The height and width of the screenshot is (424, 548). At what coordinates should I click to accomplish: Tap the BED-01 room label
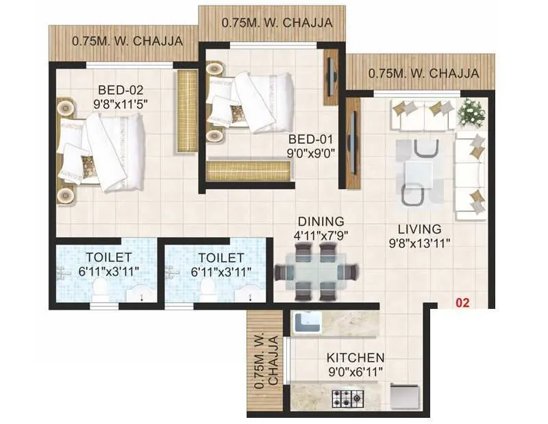(x=311, y=140)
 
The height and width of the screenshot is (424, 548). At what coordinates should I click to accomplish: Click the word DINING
(x=320, y=221)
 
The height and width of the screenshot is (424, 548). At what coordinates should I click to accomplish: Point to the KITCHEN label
(x=355, y=358)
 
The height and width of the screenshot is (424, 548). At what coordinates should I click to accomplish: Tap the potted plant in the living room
(x=471, y=112)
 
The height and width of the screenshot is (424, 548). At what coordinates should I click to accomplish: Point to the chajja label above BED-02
(x=127, y=41)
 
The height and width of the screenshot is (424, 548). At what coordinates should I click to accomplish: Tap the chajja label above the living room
(x=423, y=73)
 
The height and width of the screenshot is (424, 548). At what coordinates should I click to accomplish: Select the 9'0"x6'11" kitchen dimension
(x=355, y=372)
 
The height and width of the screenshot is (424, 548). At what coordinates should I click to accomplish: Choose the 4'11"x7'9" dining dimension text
(x=320, y=235)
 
